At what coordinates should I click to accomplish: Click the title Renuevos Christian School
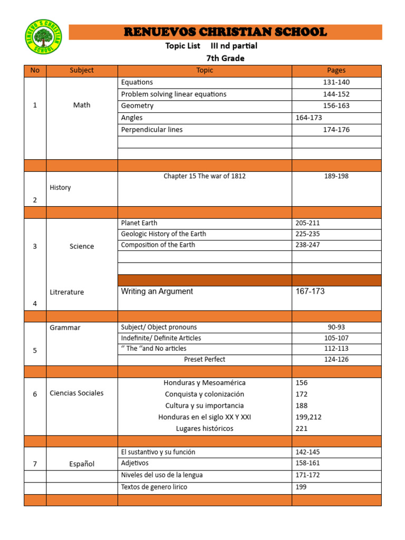point(225,32)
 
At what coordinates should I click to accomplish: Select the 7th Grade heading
point(225,58)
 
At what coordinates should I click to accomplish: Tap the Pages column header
point(336,70)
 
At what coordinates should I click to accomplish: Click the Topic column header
point(205,70)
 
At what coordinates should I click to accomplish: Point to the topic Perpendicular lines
point(151,130)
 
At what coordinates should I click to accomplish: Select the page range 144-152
point(336,94)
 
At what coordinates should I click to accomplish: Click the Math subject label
point(82,105)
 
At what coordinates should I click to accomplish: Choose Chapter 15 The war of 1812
point(205,176)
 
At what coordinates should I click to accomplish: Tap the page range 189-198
point(336,176)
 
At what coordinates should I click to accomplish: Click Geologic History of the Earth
point(163,234)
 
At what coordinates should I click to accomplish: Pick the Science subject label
point(82,246)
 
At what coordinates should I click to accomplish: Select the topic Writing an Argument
point(157,292)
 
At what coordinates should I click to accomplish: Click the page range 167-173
point(310,292)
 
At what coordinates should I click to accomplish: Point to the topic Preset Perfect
point(205,360)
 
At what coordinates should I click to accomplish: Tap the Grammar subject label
point(65,327)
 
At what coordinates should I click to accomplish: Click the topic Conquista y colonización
point(205,394)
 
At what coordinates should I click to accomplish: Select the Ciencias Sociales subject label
point(76,393)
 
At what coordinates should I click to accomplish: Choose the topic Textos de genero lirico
point(154,487)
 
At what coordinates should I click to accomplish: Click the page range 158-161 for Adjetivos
point(308,464)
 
